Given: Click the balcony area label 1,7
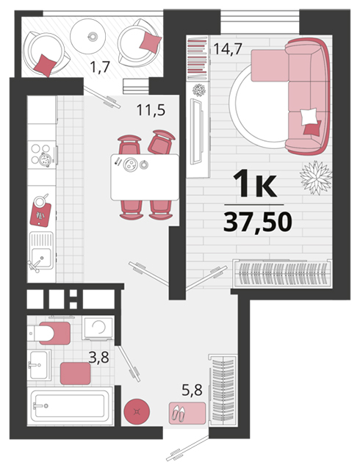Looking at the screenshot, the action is click(x=100, y=67).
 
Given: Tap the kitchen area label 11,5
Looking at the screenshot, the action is click(x=151, y=109).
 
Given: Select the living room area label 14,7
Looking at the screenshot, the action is click(x=228, y=48).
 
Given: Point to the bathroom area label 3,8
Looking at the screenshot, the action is click(x=98, y=357).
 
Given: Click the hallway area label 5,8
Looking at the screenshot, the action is click(x=192, y=390).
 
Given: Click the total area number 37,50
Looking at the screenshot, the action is click(x=258, y=222).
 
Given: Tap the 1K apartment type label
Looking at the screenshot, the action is click(x=255, y=183).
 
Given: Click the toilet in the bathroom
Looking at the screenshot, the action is click(x=49, y=333).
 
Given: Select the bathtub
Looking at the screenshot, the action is click(x=71, y=406).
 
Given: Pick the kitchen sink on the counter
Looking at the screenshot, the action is click(x=41, y=253).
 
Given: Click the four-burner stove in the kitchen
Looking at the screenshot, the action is click(x=42, y=155).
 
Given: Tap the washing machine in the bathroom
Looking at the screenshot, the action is click(x=98, y=328).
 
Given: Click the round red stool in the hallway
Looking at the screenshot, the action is click(x=137, y=411).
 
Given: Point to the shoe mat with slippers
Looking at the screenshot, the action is click(x=187, y=413).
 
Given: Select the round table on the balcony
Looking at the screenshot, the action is click(x=88, y=36).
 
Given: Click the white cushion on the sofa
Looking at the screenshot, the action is click(x=309, y=117).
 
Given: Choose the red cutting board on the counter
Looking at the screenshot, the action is click(x=40, y=214).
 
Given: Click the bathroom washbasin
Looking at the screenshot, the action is click(x=39, y=365).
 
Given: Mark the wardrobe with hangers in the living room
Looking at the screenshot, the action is click(x=283, y=273).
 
